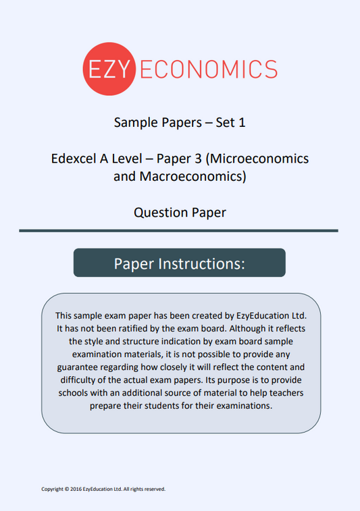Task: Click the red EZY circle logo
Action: point(109,68)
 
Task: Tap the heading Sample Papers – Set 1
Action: point(179,123)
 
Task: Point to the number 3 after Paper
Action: point(196,159)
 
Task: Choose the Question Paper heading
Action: point(180,213)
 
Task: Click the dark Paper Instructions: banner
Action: point(179,263)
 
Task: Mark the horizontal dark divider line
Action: point(179,231)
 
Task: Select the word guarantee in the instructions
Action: point(83,368)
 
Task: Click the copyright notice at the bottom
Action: point(103,489)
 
